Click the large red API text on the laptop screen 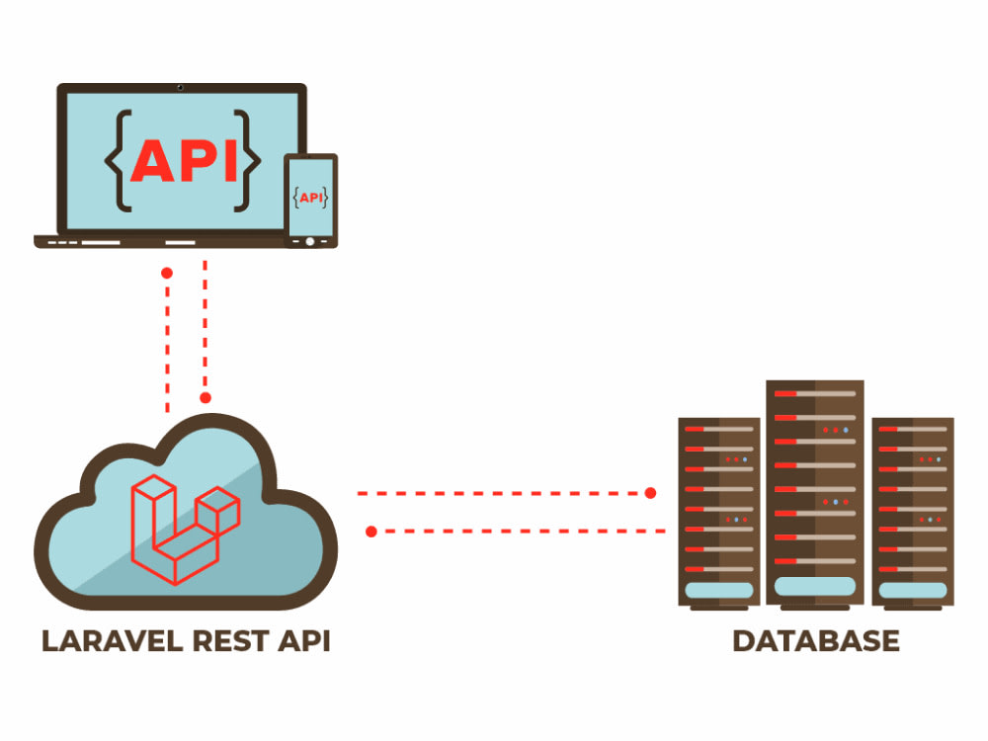pos(185,159)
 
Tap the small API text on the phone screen pos(311,198)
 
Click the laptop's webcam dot pos(180,87)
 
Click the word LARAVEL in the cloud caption pos(110,642)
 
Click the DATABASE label pos(815,641)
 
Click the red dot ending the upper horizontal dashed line pos(651,492)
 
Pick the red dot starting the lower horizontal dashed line pos(371,532)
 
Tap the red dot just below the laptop pos(167,272)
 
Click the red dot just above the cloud pos(206,398)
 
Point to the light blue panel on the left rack pos(718,591)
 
